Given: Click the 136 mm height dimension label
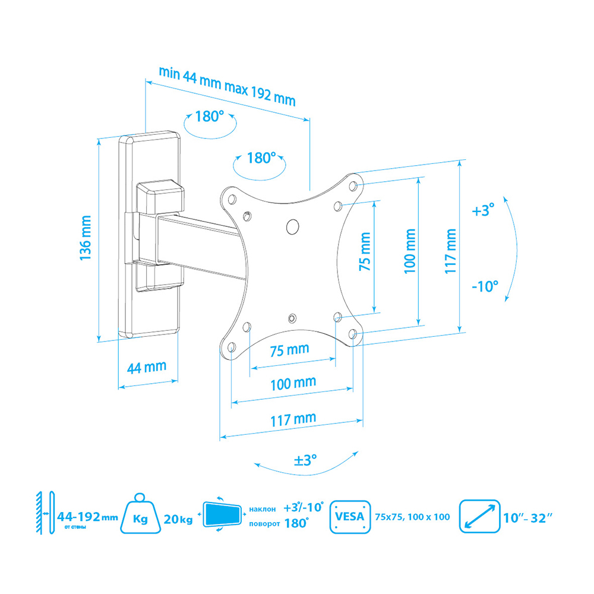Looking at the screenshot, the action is pos(86,238).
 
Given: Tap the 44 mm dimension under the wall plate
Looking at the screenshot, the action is pos(147,367).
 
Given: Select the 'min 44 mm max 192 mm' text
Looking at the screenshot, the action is pos(227,86).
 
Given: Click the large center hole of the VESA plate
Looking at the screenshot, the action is pos(292,226).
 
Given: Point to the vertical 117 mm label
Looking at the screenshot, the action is pos(450,251).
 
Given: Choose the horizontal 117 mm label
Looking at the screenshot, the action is pos(293,419).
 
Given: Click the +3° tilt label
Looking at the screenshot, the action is pos(483,210).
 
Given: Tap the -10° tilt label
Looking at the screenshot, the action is pos(485,286).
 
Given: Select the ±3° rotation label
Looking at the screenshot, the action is pos(305,460).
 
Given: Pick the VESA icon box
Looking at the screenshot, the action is pos(350,517).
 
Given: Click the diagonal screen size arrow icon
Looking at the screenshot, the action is pos(479,516).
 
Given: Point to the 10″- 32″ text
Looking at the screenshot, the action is pos(527,518).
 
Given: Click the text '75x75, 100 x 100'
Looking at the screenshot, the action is pos(413,517).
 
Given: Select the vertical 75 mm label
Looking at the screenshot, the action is pos(365,251).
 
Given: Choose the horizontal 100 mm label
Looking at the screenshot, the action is pos(293,383).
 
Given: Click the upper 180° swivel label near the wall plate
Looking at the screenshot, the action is pos(210,116).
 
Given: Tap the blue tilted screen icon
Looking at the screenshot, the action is pos(222,514).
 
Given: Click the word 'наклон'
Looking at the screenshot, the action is pos(262,509).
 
